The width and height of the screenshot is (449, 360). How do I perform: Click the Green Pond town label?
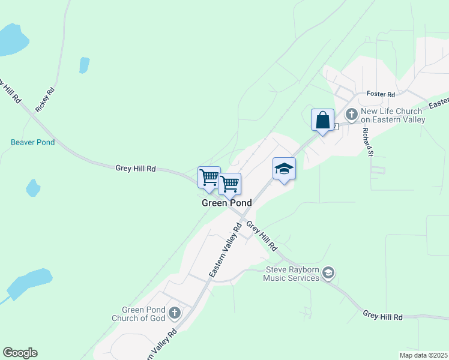(x=226, y=203)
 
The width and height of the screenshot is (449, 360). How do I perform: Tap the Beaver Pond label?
(x=32, y=143)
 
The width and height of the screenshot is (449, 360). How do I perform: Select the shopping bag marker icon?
(x=322, y=119)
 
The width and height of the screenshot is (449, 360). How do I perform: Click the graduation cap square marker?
(x=284, y=169)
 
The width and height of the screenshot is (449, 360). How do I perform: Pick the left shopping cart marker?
(x=209, y=178)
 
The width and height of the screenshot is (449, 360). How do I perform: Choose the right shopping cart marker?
(x=229, y=184)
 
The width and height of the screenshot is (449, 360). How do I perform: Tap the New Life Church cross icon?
(x=351, y=113)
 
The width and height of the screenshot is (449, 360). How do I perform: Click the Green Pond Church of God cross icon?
(x=175, y=313)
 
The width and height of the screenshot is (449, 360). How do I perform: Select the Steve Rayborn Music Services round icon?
(x=328, y=274)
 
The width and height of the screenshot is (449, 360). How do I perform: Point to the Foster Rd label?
(x=381, y=95)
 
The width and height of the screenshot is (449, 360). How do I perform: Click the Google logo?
(x=20, y=353)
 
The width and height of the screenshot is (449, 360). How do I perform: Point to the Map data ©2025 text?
(x=423, y=355)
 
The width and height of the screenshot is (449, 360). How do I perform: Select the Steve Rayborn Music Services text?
(x=292, y=274)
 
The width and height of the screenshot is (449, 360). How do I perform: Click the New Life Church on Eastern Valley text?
(x=393, y=116)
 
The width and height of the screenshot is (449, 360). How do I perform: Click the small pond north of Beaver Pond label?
(x=84, y=65)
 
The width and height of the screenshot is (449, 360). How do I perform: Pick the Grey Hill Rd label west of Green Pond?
(x=136, y=169)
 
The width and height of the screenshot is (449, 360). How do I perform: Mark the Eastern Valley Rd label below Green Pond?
(x=225, y=250)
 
